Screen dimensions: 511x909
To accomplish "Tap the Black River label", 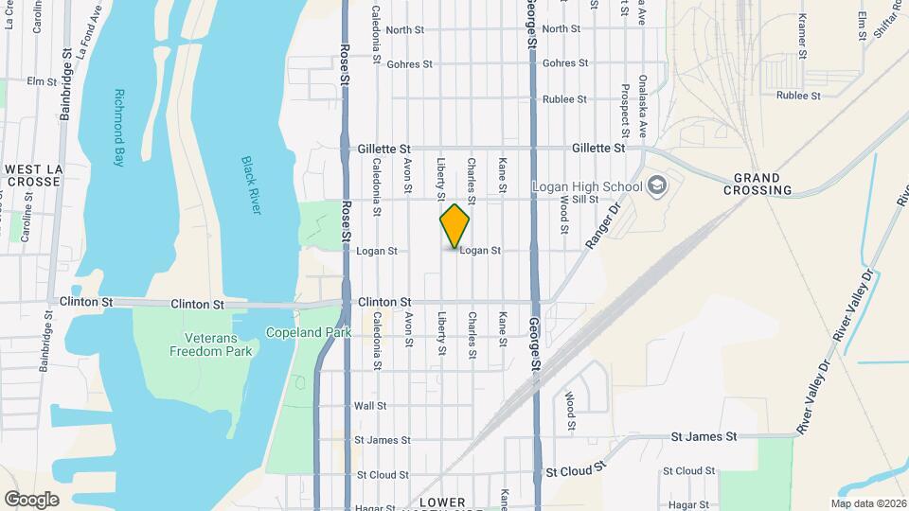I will pyautogui.click(x=249, y=185).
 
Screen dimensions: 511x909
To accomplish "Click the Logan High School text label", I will pyautogui.click(x=588, y=185).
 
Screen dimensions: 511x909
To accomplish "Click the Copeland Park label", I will pyautogui.click(x=309, y=332).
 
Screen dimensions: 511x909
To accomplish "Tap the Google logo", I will pyautogui.click(x=31, y=499).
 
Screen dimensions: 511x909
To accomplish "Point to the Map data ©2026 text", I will pyautogui.click(x=867, y=503).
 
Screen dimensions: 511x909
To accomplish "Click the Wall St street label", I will pyautogui.click(x=370, y=406).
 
